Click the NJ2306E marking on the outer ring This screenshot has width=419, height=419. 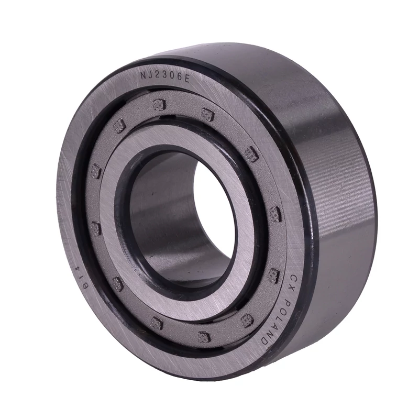pyautogui.click(x=165, y=77)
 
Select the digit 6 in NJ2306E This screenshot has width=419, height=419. pyautogui.click(x=179, y=78)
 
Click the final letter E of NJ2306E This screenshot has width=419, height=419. pyautogui.click(x=186, y=79)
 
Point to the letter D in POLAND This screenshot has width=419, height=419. pyautogui.click(x=264, y=340)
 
